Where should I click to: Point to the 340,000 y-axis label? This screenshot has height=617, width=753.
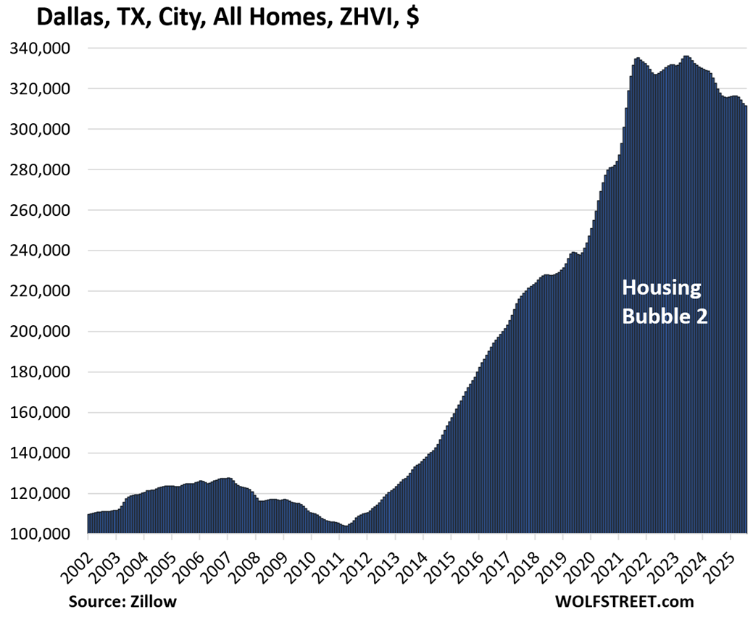point(41,49)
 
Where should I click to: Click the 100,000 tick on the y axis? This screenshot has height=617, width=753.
point(41,534)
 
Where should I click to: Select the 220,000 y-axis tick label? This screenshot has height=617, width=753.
point(41,291)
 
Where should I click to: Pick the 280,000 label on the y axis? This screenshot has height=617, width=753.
point(41,170)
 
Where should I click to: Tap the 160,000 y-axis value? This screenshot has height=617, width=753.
point(41,413)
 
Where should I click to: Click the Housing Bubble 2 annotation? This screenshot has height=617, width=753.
point(665,302)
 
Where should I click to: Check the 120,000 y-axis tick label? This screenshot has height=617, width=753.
point(41,494)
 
